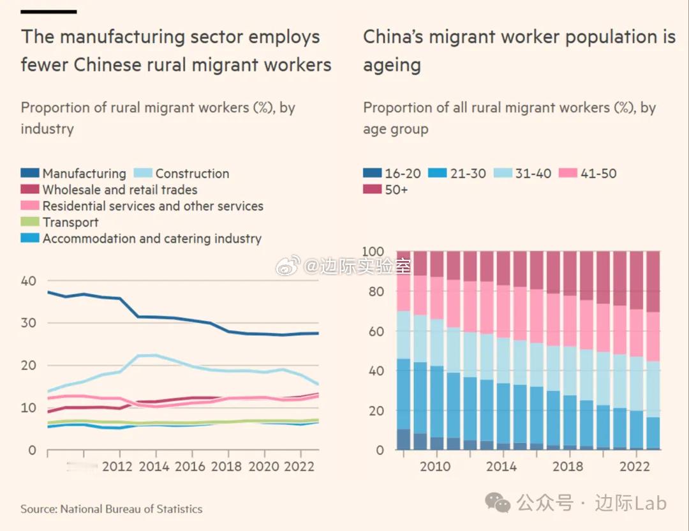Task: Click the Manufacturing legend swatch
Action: point(30,174)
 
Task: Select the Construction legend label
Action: point(192,174)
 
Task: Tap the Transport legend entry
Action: point(70,223)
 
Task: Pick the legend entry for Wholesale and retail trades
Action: point(119,190)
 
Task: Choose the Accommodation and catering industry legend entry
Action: point(152,239)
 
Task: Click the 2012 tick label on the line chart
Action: point(117,467)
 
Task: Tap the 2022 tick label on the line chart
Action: point(300,467)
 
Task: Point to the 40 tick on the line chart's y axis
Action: point(29,281)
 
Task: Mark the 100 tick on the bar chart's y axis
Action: point(373,251)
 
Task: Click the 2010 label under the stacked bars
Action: point(436,467)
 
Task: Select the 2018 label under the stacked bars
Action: point(568,467)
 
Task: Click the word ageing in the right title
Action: point(392,65)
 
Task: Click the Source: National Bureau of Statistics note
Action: point(112,509)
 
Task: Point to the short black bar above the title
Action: point(48,11)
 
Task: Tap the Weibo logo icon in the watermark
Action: point(288,265)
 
